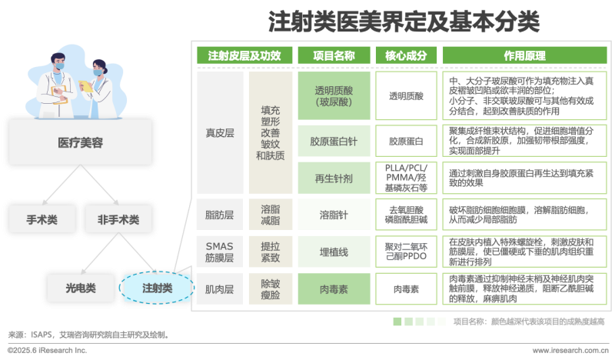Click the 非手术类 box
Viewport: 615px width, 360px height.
(118, 219)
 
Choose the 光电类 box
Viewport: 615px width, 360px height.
(80, 288)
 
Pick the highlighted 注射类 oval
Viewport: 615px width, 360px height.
(157, 288)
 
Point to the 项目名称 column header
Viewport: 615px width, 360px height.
(334, 56)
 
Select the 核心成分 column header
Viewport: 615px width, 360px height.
(404, 56)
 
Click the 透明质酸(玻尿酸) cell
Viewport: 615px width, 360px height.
(334, 95)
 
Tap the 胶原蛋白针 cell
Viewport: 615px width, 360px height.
(334, 142)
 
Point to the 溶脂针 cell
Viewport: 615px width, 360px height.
(334, 214)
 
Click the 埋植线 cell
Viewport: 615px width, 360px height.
(334, 252)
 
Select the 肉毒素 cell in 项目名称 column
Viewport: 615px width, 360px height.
(334, 290)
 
